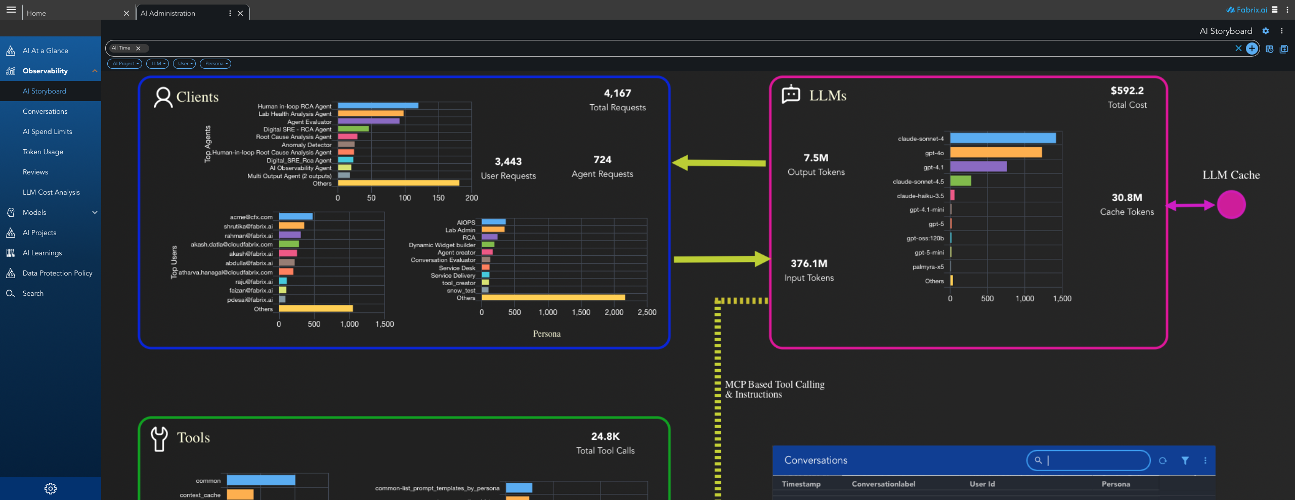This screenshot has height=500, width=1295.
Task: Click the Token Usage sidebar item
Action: (43, 152)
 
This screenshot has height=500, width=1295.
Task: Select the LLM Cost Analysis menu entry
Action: (51, 192)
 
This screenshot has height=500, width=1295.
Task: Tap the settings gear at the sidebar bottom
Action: (51, 488)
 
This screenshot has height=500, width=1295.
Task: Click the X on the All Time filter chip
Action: (138, 49)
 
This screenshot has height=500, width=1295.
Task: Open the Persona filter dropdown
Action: (215, 64)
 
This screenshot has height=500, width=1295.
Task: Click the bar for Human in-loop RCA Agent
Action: (378, 106)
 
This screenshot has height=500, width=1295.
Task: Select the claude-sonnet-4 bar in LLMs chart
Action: (1003, 139)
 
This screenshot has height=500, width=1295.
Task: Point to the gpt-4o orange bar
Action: (996, 153)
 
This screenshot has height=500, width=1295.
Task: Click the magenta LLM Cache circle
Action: (1231, 205)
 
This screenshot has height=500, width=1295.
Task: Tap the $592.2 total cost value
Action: (1127, 91)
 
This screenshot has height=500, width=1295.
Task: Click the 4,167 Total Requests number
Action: (617, 94)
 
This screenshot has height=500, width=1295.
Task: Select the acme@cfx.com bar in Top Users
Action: (296, 217)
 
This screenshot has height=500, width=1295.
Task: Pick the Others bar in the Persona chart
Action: (553, 298)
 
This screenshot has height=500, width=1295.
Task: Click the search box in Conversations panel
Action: (1093, 461)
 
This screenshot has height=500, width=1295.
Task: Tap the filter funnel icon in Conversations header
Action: (1185, 461)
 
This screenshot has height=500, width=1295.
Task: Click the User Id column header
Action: (982, 484)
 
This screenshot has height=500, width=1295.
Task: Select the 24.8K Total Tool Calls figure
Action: (605, 437)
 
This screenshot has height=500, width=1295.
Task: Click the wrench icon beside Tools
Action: (159, 438)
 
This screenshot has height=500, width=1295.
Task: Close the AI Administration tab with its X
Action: (240, 13)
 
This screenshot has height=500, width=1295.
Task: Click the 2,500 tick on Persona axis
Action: (647, 312)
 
